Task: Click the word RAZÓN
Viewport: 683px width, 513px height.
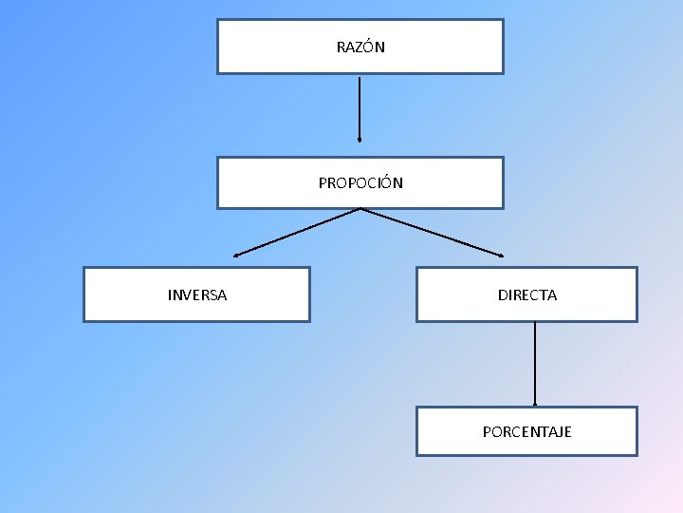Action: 360,47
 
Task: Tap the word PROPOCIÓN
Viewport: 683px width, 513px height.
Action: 360,183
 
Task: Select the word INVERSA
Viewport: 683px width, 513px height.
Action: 197,295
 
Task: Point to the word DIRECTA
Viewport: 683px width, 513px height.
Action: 527,295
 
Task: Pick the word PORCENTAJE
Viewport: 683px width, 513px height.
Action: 527,432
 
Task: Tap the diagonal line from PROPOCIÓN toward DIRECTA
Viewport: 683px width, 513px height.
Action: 432,232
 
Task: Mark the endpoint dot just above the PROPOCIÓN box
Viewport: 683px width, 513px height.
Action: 360,139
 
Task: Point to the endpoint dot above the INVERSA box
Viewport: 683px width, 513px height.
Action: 236,255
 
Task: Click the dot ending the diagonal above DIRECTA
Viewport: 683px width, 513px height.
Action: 502,255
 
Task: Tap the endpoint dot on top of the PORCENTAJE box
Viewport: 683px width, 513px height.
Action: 535,405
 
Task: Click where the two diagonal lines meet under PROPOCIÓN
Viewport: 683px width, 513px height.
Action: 360,209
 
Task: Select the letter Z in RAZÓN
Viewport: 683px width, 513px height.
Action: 358,47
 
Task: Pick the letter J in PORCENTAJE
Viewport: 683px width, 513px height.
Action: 555,432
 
